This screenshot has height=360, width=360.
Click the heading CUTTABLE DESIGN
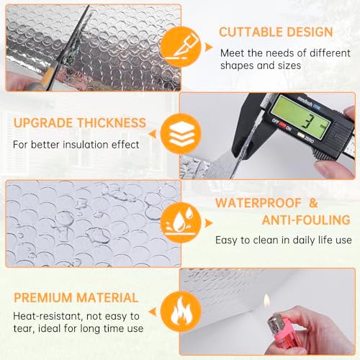[x=276, y=32]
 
